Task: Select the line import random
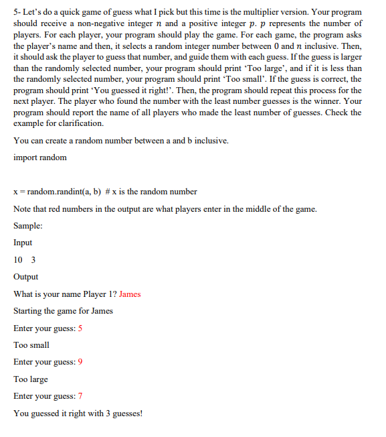[x=39, y=158]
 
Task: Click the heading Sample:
[x=28, y=226]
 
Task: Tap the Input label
[x=23, y=243]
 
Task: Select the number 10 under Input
[x=18, y=260]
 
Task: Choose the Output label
[x=25, y=277]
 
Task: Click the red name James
[x=130, y=294]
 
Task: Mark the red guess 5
[x=80, y=328]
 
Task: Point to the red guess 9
[x=80, y=363]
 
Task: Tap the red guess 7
[x=80, y=397]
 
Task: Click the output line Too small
[x=31, y=345]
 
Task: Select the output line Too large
[x=31, y=379]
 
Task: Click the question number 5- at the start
[x=17, y=13]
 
